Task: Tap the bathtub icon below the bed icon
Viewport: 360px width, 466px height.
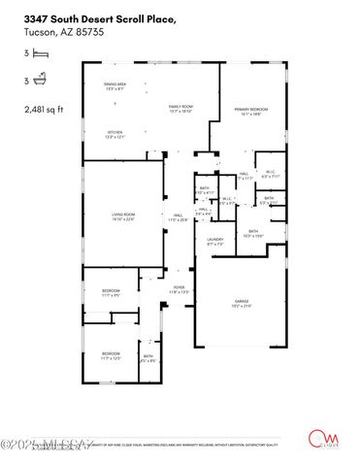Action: [x=38, y=83]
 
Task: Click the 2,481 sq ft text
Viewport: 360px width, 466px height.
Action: [x=42, y=110]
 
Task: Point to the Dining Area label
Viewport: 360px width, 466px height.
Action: [x=115, y=86]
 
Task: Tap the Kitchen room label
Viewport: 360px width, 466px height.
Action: [x=115, y=133]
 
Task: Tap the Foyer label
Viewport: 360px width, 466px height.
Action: [x=179, y=288]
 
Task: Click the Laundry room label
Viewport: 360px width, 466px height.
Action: [x=214, y=241]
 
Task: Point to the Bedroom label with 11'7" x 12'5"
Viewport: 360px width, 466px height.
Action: [x=111, y=355]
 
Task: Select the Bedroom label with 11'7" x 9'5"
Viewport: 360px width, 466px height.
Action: [x=111, y=293]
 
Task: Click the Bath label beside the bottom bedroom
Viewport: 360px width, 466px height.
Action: [x=148, y=357]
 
